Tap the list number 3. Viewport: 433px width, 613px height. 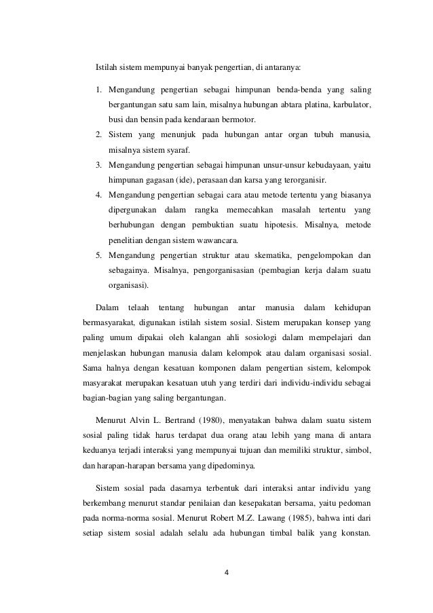point(98,164)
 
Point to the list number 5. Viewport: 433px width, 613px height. point(98,255)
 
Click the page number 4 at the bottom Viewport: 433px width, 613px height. point(227,572)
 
